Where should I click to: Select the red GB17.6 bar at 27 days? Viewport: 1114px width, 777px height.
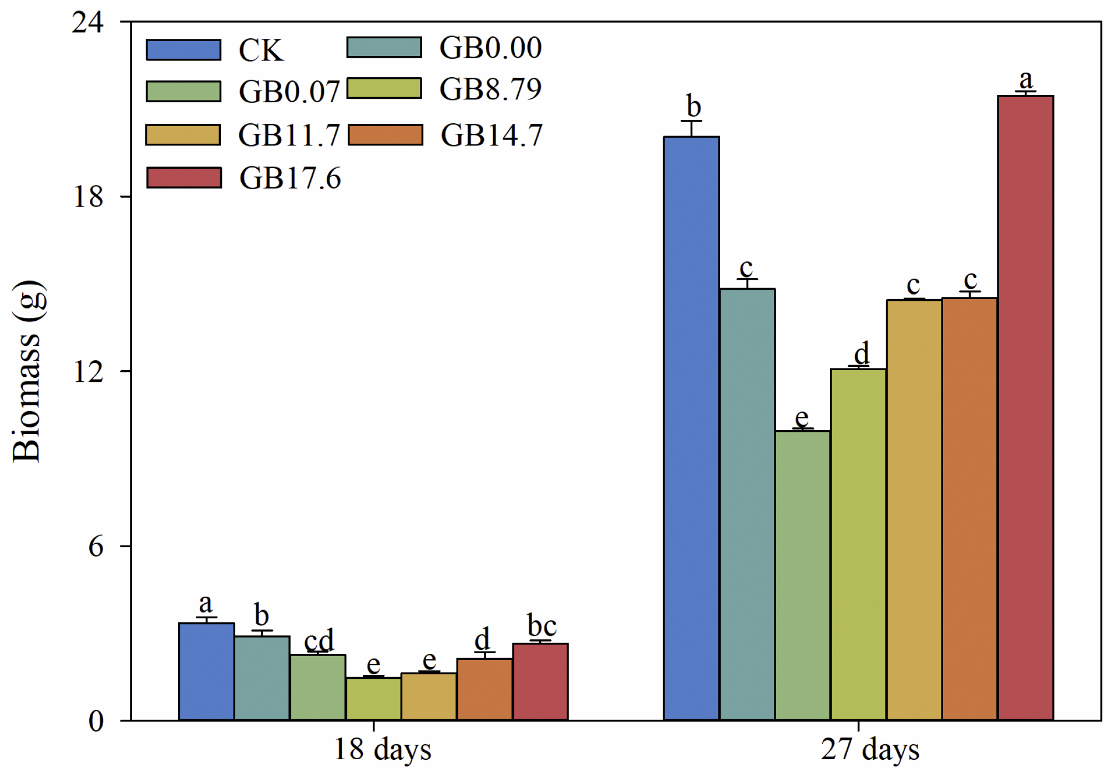pos(1025,408)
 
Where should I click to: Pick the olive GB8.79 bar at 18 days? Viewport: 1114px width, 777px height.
pos(373,699)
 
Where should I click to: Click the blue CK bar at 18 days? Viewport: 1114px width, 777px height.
pos(206,672)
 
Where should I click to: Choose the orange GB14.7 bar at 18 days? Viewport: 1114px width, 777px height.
pos(484,689)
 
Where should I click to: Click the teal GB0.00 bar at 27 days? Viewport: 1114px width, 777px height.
pos(747,504)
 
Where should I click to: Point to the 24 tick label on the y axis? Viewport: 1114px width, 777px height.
pos(88,23)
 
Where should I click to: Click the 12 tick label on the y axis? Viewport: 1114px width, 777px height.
pos(88,372)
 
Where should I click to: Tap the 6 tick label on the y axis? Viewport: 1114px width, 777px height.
pos(95,547)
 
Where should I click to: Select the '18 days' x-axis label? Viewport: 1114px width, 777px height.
pos(382,750)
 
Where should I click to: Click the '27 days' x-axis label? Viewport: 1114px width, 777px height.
pos(869,750)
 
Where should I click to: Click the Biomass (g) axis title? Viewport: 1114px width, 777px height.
pos(27,371)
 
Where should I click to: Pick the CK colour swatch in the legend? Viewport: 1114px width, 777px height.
pos(184,50)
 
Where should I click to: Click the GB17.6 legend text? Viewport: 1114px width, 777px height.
pos(290,179)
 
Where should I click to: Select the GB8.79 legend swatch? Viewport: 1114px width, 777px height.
pos(384,89)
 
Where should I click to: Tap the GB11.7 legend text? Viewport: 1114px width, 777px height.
pos(288,135)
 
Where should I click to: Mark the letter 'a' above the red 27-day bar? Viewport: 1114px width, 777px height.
pos(1026,80)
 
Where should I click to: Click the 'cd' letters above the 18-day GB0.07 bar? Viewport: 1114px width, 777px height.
pos(318,640)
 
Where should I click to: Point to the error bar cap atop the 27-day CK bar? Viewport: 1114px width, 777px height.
pos(691,121)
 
